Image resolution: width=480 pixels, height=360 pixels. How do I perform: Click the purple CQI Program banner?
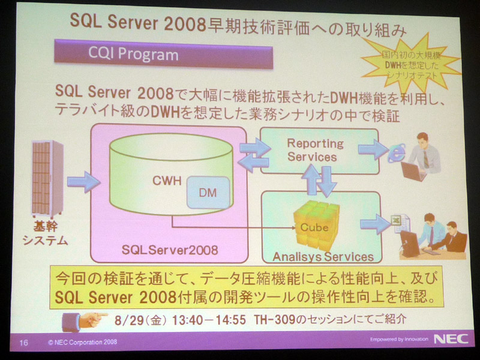163,55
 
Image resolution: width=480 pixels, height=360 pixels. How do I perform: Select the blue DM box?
208,193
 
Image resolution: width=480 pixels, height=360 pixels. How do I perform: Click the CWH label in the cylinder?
167,181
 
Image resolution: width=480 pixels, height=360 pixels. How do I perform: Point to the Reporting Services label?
316,150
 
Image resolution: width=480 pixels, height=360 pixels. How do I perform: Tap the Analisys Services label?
323,257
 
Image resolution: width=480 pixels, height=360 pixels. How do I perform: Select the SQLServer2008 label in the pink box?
170,250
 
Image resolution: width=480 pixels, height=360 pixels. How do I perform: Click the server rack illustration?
47,179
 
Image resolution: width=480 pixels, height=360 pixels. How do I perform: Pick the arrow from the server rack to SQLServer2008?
83,182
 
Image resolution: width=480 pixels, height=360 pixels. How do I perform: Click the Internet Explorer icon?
397,153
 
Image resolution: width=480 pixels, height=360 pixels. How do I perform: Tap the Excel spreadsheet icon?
400,223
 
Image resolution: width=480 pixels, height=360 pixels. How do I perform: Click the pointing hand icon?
84,322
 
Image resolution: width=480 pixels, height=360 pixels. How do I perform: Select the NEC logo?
451,339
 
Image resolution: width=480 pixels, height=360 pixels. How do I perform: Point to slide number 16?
23,342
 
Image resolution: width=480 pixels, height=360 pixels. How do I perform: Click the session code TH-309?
275,320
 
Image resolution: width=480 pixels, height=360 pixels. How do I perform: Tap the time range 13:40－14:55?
208,320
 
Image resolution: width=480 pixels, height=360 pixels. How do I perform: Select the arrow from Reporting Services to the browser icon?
373,149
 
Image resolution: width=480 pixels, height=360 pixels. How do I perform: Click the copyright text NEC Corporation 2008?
83,342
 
